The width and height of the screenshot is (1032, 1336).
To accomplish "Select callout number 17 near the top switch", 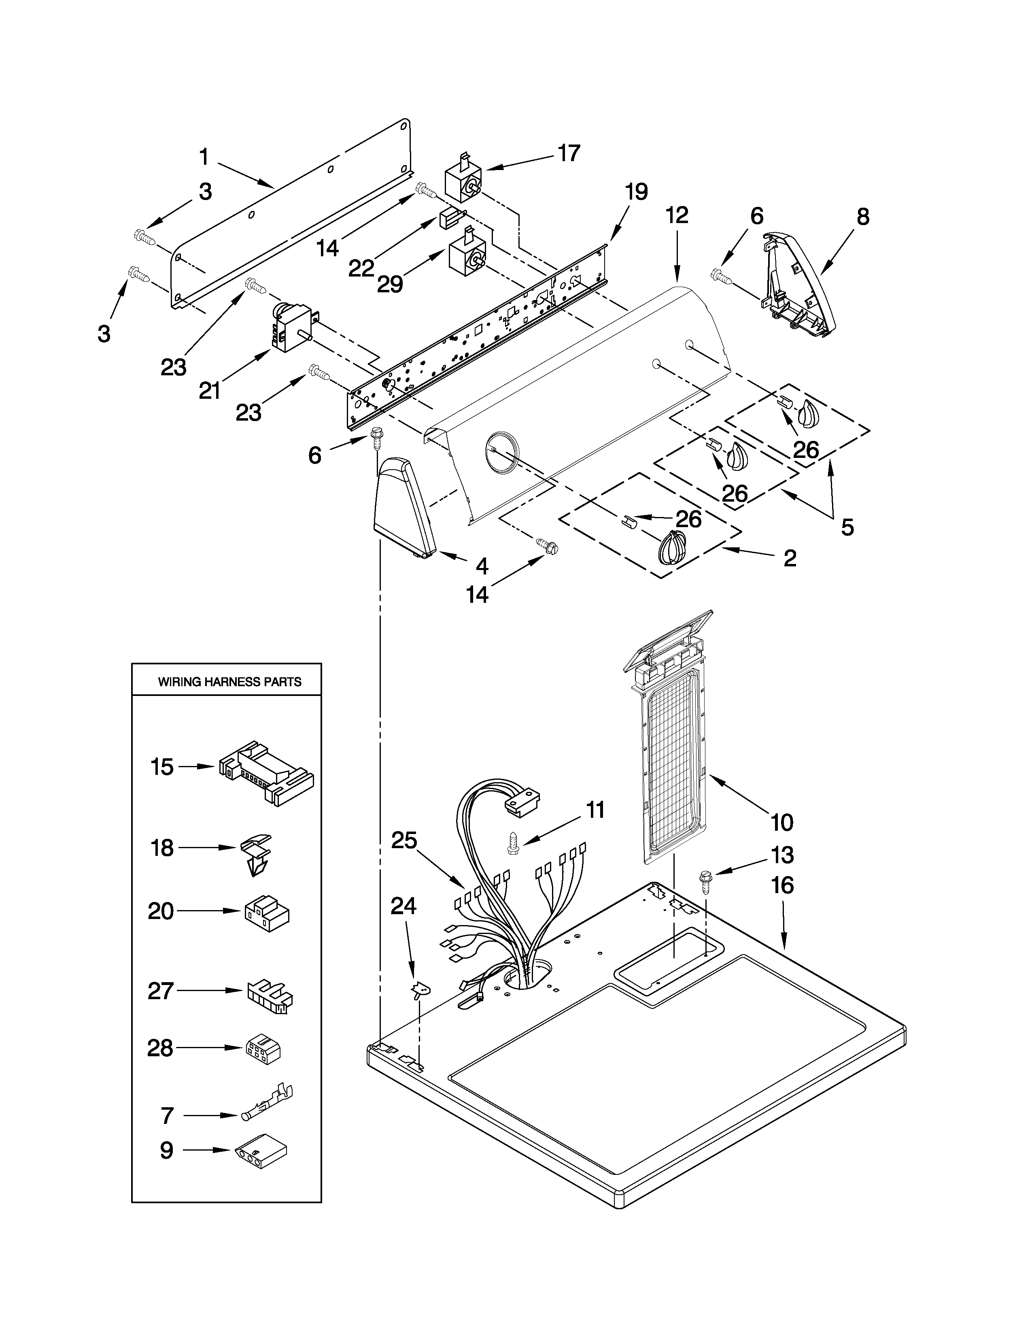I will pos(569,153).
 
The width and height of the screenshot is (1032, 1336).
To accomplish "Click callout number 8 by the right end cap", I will pos(862,217).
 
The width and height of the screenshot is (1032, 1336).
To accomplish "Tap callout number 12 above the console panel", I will pos(677,215).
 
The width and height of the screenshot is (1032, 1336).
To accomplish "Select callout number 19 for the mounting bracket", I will pos(636,192).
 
